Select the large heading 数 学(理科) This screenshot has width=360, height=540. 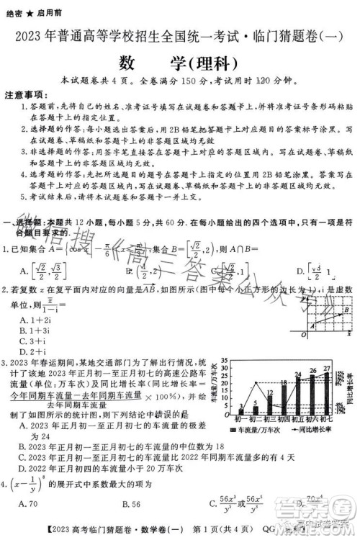180,60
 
